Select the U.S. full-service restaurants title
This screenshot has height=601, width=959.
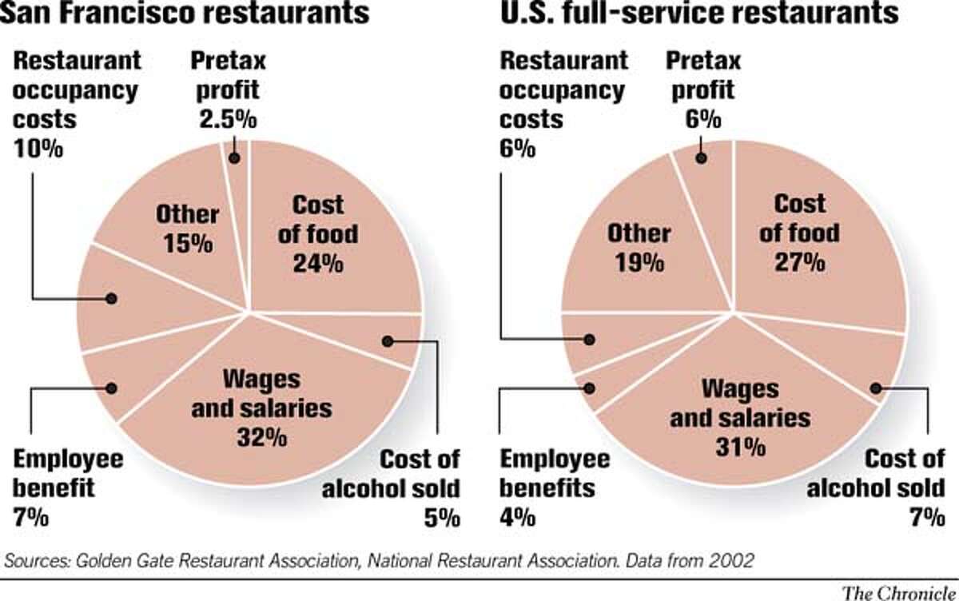[x=688, y=15]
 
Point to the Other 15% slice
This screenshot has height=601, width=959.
[x=185, y=228]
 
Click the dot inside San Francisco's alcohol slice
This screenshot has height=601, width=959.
[x=388, y=341]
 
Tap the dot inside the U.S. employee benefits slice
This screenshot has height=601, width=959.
[x=591, y=388]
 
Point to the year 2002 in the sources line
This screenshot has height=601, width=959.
[x=730, y=561]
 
